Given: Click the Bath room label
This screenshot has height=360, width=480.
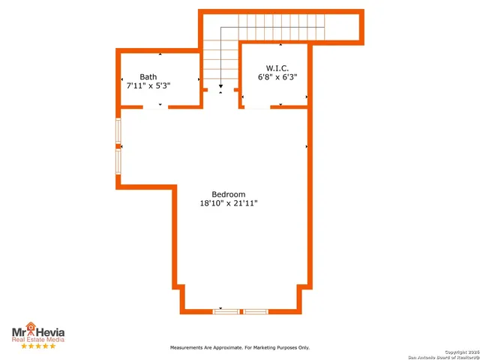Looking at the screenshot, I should [148, 76].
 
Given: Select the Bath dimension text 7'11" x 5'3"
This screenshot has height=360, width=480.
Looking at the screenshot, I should [148, 85].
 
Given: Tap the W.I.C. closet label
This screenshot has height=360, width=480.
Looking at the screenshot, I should [277, 67].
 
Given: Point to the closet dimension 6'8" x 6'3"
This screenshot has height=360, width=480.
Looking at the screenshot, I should [277, 76].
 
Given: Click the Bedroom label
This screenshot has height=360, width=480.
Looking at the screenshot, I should [229, 194].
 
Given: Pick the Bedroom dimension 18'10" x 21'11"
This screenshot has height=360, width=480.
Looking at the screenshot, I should [229, 203].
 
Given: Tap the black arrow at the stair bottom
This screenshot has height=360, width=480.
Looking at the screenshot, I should [220, 88].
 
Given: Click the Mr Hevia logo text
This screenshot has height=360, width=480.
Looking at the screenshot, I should [37, 331].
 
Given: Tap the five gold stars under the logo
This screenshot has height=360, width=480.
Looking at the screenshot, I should [37, 346].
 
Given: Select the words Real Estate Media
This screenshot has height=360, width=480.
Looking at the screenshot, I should [37, 340].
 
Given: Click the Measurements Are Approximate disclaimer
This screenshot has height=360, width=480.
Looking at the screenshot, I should [239, 348].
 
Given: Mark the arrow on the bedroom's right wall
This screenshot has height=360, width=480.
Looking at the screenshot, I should [307, 146].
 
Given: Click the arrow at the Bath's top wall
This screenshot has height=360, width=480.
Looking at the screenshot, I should [160, 53].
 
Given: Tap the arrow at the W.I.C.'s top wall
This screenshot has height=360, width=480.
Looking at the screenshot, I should [280, 45].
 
